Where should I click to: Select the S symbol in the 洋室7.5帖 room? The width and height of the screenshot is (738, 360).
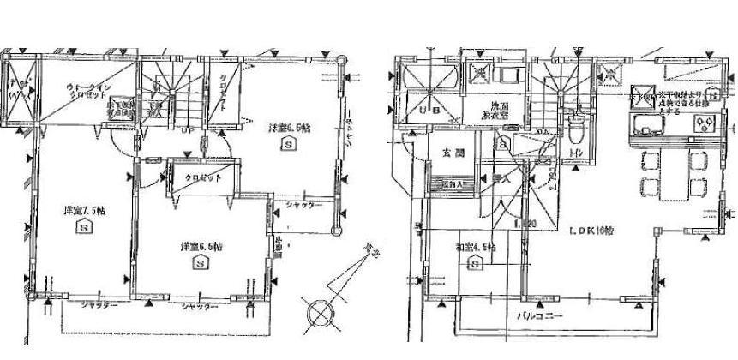pyautogui.click(x=84, y=228)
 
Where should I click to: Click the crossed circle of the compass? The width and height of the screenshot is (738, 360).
pyautogui.click(x=317, y=310)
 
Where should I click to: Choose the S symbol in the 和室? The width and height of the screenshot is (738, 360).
pyautogui.click(x=475, y=265)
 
